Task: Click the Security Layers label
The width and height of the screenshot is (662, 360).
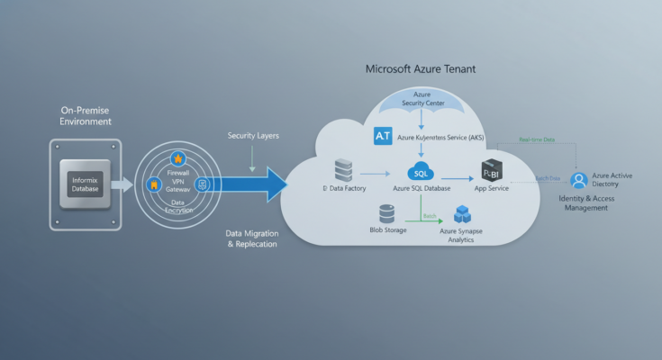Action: (253, 134)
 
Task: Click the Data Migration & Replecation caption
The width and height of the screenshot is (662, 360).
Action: (253, 238)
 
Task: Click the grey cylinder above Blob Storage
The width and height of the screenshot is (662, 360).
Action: (387, 214)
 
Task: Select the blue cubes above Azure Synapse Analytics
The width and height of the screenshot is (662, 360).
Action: (463, 214)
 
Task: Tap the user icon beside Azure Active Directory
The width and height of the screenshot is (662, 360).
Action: (578, 180)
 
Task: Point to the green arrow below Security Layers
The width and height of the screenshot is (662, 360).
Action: (252, 157)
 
